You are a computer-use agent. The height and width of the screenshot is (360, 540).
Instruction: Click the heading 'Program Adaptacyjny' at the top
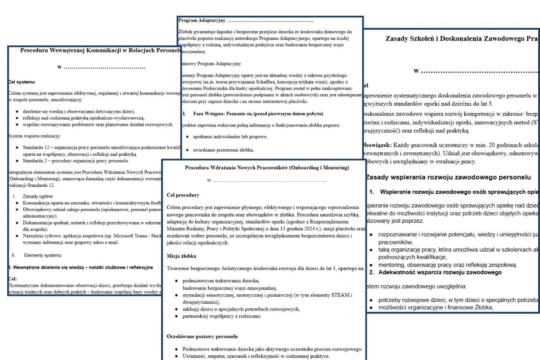202,21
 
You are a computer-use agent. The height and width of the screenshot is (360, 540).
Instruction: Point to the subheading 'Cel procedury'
183,195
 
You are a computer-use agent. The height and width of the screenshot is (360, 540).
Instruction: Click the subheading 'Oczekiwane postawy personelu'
202,336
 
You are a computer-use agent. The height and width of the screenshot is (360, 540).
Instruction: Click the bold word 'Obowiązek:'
377,145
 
